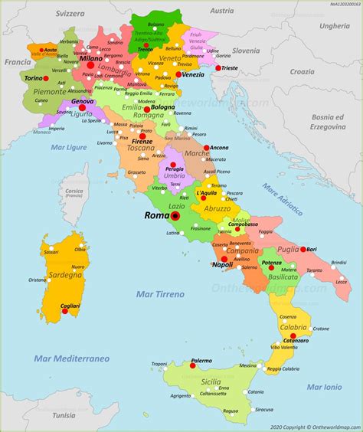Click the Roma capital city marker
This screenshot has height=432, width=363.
[x=175, y=216]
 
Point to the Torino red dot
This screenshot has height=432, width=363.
[x=46, y=78]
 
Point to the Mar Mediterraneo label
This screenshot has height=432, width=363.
[x=71, y=358]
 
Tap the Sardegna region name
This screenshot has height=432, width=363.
[x=65, y=273]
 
